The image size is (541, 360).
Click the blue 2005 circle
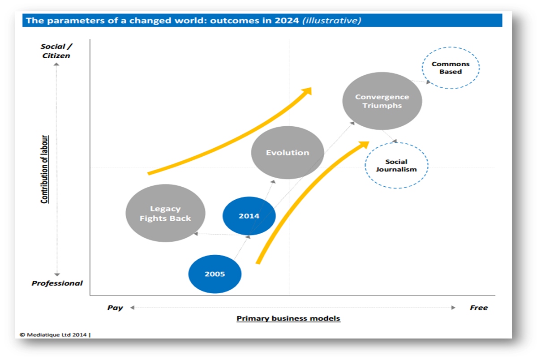pos(215,274)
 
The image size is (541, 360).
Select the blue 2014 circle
pos(249,216)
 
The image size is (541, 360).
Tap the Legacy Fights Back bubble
pos(165,213)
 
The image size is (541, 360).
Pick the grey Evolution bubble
pos(288,152)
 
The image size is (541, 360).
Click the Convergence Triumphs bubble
pos(382,101)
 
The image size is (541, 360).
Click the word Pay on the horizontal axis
pos(115,308)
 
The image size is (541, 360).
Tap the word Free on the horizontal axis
pos(479,308)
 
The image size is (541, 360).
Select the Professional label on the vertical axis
pos(57,283)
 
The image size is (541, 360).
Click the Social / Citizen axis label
pos(56,51)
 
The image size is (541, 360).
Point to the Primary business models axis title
pos(288,318)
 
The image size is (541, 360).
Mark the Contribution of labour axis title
pos(44,169)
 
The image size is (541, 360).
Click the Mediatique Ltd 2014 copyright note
pos(55,334)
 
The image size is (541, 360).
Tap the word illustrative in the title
pos(332,20)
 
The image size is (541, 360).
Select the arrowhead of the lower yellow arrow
pos(364,145)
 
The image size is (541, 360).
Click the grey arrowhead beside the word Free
pos(453,307)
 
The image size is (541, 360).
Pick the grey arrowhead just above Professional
pos(57,274)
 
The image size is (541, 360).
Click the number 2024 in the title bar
pos(287,21)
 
